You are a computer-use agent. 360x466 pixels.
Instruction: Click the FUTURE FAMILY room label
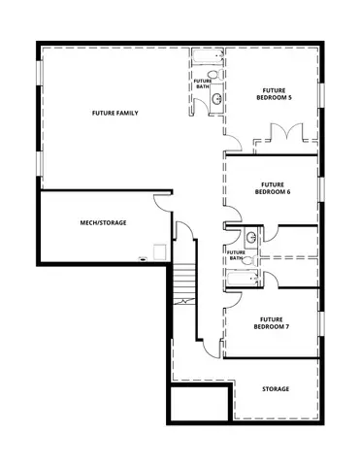pyautogui.click(x=115, y=114)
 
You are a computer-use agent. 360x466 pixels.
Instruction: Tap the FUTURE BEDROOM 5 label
pyautogui.click(x=273, y=94)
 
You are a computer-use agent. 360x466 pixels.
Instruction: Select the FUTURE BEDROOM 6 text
pyautogui.click(x=273, y=187)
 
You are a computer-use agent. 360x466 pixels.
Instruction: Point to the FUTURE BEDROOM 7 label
pyautogui.click(x=273, y=322)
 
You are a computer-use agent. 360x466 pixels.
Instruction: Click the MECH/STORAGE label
pyautogui.click(x=103, y=222)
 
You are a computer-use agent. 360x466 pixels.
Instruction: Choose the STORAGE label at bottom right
pyautogui.click(x=276, y=388)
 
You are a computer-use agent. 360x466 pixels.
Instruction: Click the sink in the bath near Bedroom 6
pyautogui.click(x=250, y=236)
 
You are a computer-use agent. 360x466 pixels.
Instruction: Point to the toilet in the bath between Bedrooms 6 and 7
pyautogui.click(x=247, y=259)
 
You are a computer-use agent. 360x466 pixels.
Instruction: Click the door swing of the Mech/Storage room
pyautogui.click(x=160, y=202)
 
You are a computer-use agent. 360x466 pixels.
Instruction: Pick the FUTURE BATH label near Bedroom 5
pyautogui.click(x=202, y=84)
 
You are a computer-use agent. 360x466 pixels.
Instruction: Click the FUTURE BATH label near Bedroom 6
pyautogui.click(x=235, y=254)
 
